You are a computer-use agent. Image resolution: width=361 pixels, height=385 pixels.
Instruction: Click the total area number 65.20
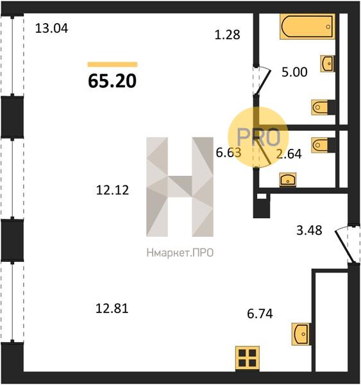coord(112,81)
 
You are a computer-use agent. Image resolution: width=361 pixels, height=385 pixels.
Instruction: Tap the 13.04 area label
coord(51,28)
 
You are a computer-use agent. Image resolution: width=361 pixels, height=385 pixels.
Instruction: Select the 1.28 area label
coord(227,35)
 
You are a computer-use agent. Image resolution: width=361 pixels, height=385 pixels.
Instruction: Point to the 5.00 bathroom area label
coord(294,72)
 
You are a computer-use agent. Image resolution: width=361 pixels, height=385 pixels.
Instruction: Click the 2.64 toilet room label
coord(289,154)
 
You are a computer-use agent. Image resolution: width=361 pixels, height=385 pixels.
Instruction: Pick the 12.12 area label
coord(112,191)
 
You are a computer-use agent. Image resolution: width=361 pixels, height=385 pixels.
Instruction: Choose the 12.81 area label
coord(112,309)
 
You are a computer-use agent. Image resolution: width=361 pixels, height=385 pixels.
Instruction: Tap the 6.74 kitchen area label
coord(260,314)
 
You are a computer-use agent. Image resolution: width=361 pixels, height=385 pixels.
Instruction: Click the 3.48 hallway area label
coord(309,230)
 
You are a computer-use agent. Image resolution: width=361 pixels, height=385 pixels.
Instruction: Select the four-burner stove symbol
coord(248,359)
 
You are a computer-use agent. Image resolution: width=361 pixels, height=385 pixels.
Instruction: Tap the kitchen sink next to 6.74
coord(300,334)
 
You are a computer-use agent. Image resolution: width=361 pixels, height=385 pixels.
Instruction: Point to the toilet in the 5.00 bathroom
coord(320,107)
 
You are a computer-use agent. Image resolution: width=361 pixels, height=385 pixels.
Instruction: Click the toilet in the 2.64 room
coord(320,145)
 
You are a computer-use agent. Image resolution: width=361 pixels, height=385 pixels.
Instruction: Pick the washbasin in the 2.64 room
coord(288,180)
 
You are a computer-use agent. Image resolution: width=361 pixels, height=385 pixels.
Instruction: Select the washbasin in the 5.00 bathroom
coord(328,64)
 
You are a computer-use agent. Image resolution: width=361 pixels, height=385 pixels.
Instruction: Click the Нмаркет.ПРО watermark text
coord(180,253)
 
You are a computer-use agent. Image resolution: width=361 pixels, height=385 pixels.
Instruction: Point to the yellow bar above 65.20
coord(112,65)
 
